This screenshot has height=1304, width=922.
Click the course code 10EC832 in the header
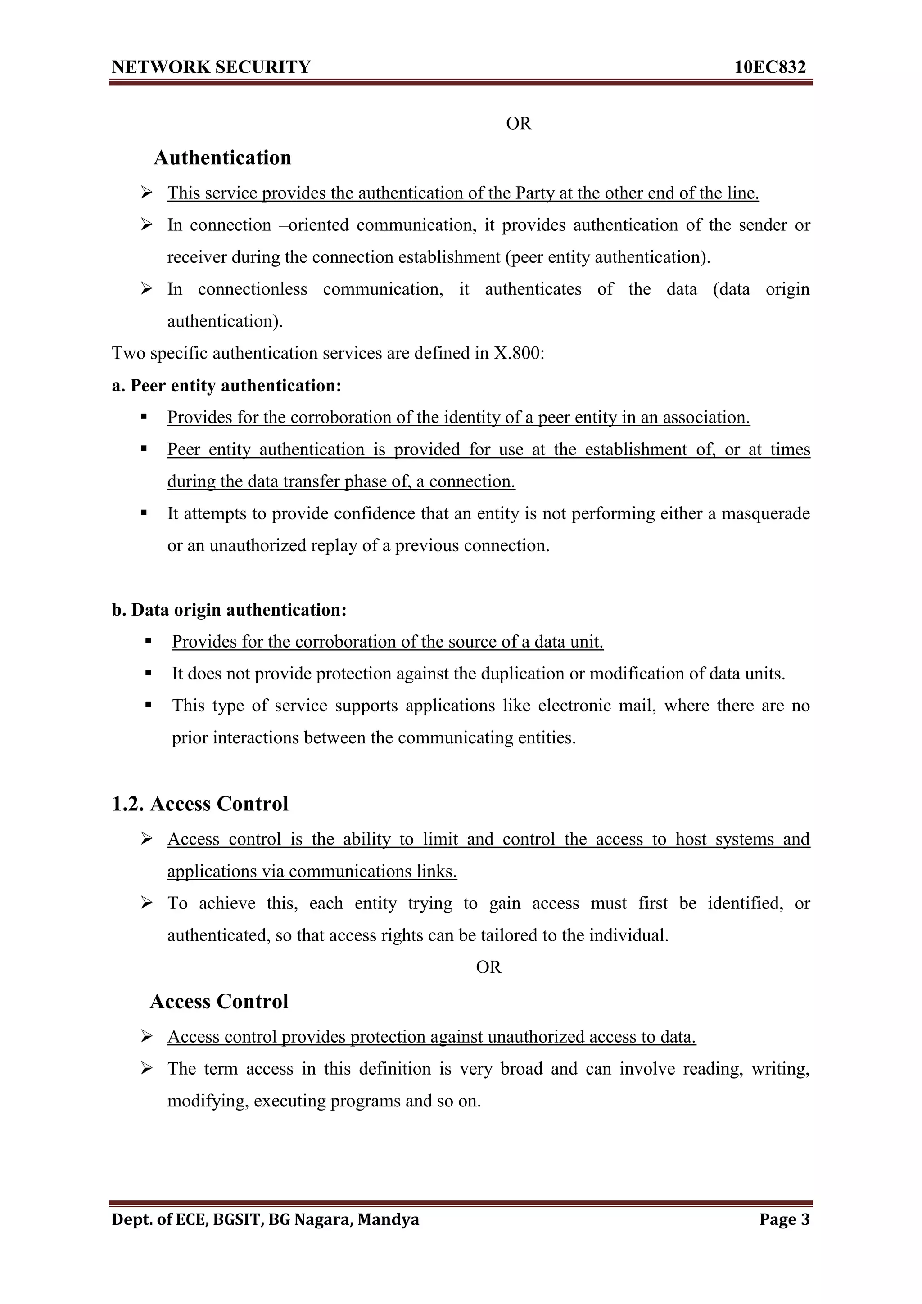(x=770, y=67)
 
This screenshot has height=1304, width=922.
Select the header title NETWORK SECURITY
(x=211, y=67)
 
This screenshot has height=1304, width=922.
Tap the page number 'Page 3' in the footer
(x=784, y=1219)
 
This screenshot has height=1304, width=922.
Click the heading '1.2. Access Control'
(x=200, y=804)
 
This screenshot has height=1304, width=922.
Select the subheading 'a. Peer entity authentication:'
(x=226, y=386)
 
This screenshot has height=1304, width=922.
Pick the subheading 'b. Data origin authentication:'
(x=229, y=610)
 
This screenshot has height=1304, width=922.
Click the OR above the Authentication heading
(x=519, y=123)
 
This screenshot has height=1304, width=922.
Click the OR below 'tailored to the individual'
(x=488, y=967)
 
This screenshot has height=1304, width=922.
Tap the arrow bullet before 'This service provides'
(x=147, y=193)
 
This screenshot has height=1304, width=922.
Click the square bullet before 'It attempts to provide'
(x=145, y=513)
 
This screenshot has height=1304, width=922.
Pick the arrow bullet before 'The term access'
(x=147, y=1069)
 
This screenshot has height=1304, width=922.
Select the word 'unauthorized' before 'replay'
(x=258, y=546)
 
